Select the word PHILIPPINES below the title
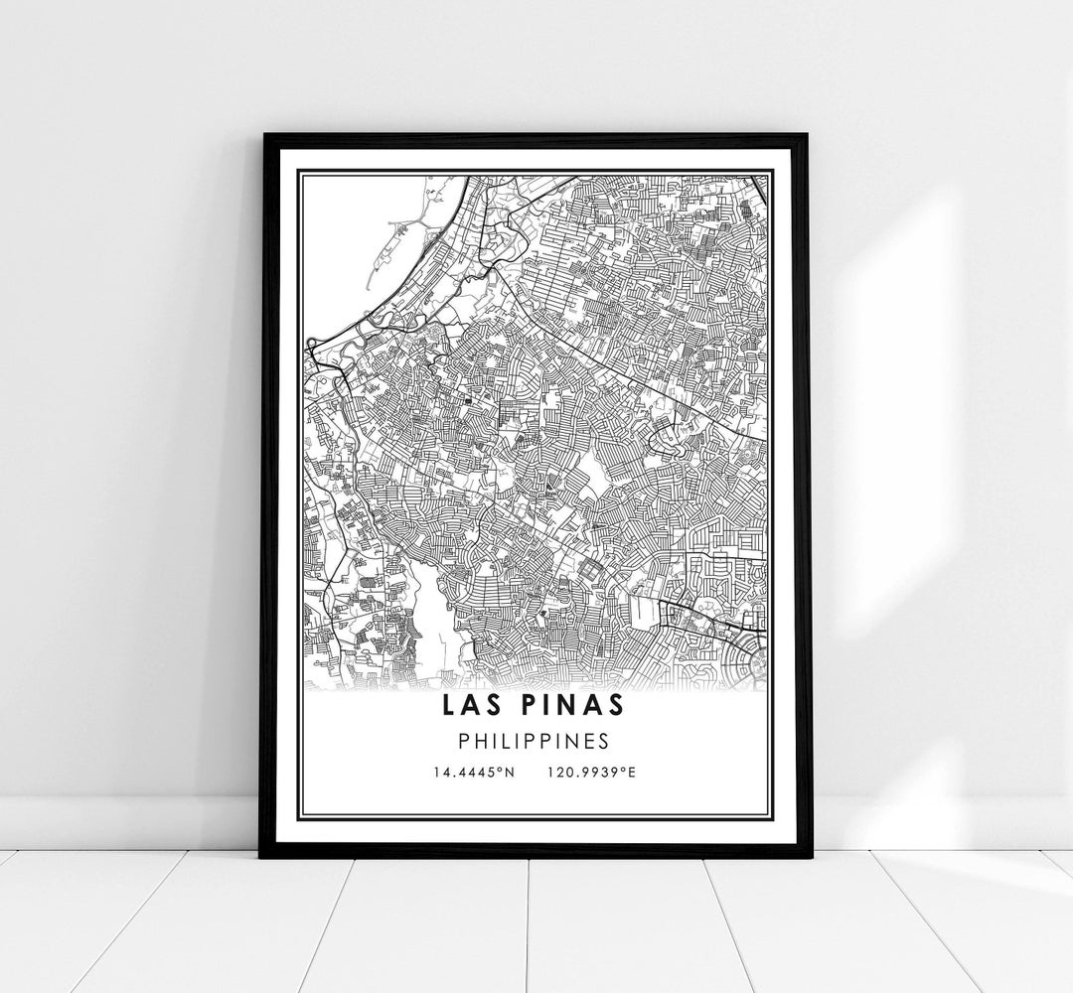pyautogui.click(x=536, y=741)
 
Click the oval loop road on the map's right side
pyautogui.click(x=664, y=429)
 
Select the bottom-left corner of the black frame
pyautogui.click(x=263, y=855)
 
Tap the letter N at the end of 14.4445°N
pyautogui.click(x=509, y=772)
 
